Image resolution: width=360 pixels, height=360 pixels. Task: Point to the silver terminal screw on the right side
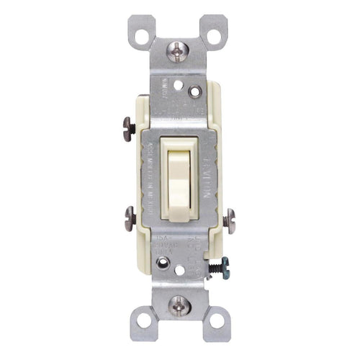pos(229,218)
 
